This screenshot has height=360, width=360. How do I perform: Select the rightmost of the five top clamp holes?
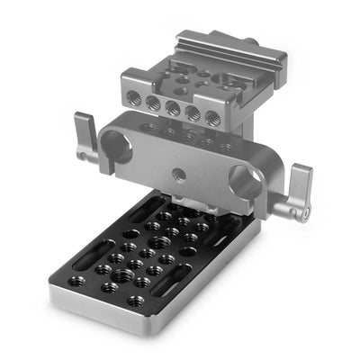click(212, 118)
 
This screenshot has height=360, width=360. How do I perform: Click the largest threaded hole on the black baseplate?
click(117, 258)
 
